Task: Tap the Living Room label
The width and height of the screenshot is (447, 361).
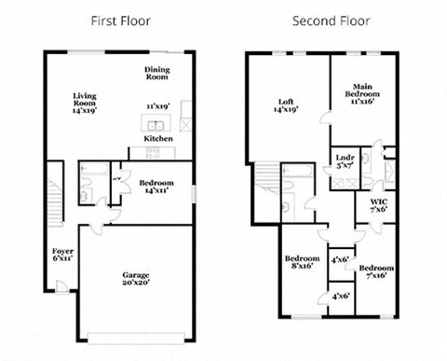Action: (x=86, y=103)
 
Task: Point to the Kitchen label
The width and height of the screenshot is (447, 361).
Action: (x=157, y=139)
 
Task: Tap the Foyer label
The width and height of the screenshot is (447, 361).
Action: (x=61, y=255)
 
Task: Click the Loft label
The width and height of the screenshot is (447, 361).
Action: (x=286, y=105)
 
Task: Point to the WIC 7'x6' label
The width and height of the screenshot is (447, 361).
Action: (x=378, y=206)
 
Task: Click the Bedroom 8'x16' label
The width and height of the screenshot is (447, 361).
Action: (x=302, y=262)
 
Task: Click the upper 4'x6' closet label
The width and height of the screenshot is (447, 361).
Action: (x=340, y=259)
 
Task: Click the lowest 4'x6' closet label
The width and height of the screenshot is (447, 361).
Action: (x=340, y=296)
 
